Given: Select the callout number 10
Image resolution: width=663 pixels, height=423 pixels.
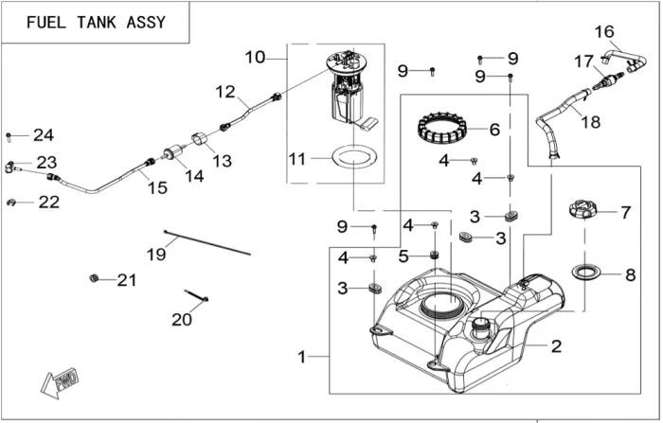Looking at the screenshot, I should pos(256,58).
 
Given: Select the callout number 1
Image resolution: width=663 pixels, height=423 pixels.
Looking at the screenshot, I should pos(301,357).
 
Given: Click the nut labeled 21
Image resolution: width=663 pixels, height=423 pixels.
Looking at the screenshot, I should pos(95,278).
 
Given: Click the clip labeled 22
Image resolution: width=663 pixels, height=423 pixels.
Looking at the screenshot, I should pos(11,202).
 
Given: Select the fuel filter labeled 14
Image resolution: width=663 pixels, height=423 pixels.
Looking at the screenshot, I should pos(173,152).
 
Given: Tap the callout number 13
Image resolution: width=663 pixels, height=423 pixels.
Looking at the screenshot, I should pos(222,162).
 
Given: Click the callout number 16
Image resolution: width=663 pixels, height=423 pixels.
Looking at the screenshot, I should pos(604,32).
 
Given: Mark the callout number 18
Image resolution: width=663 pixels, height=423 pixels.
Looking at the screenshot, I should pos(589,122).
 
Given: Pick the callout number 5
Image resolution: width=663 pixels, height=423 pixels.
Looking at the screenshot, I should pos(403,256).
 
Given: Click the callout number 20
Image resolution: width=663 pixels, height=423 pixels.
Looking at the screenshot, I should pos(182,320).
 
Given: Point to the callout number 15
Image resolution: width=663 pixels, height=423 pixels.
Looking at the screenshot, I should pos(157,187).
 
